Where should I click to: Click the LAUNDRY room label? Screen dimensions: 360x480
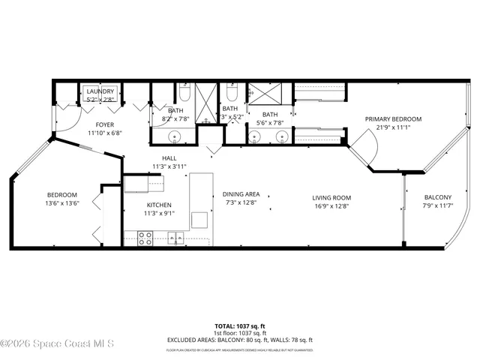pyautogui.click(x=100, y=91)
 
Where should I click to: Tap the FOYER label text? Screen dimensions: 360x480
pyautogui.click(x=103, y=124)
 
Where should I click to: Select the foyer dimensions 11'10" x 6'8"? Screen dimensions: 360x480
pyautogui.click(x=103, y=133)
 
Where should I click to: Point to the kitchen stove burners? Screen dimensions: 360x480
pyautogui.click(x=145, y=238)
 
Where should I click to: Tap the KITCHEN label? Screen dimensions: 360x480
pyautogui.click(x=159, y=205)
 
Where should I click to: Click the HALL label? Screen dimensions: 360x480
pyautogui.click(x=169, y=158)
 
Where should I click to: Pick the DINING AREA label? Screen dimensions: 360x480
pyautogui.click(x=241, y=195)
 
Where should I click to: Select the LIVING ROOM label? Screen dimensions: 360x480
pyautogui.click(x=331, y=198)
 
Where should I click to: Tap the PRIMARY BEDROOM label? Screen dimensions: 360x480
pyautogui.click(x=393, y=118)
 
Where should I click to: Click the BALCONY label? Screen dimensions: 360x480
pyautogui.click(x=437, y=197)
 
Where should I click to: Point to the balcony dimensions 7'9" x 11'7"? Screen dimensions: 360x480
pyautogui.click(x=437, y=205)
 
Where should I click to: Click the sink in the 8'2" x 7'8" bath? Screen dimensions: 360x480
pyautogui.click(x=174, y=136)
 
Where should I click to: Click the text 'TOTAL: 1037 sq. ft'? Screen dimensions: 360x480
pyautogui.click(x=240, y=326)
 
